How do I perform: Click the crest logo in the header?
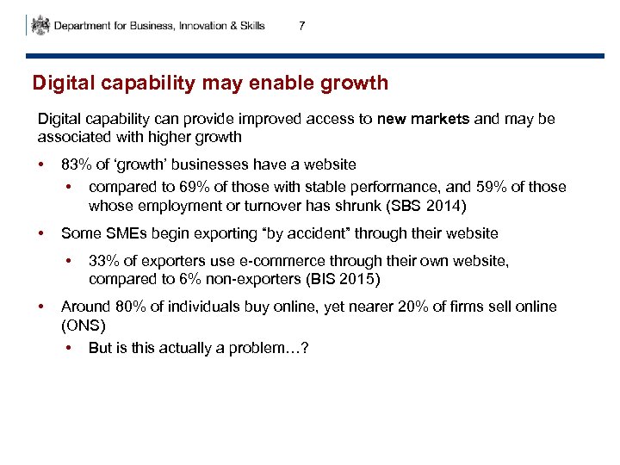point(40,25)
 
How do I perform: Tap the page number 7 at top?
point(301,26)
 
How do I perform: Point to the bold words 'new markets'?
point(423,120)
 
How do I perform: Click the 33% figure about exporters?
point(103,262)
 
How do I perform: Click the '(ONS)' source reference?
point(83,325)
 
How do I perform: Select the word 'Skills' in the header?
point(250,26)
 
